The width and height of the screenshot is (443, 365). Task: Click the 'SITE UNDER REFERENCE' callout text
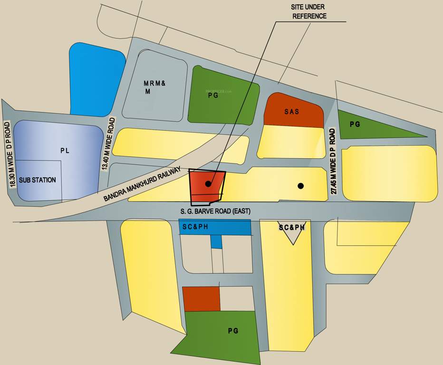309,12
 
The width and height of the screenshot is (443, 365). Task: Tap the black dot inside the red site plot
208,183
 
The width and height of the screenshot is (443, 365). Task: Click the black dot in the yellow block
300,186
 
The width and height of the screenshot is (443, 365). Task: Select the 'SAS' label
292,112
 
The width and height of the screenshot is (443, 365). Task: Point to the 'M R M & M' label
154,87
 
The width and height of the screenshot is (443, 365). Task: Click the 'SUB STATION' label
38,180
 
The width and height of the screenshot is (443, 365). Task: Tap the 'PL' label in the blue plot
65,151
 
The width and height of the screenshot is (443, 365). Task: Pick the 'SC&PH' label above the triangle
291,228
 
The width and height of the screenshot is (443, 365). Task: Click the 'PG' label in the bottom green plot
233,331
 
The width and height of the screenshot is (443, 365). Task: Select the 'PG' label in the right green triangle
355,125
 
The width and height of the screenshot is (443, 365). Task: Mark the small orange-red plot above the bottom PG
202,298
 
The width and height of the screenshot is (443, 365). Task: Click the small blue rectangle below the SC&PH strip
216,242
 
